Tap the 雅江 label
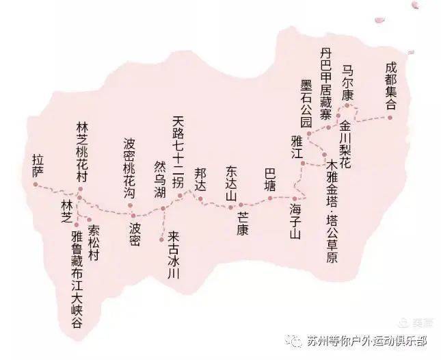click(x=296, y=148)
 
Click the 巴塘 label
click(x=271, y=179)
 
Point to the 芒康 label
click(x=243, y=222)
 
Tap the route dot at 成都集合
click(x=390, y=118)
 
